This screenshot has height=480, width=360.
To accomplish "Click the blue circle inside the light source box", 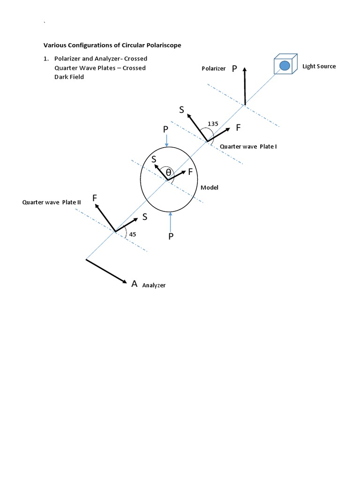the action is coord(285,66).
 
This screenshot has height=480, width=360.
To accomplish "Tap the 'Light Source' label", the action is coord(319,66).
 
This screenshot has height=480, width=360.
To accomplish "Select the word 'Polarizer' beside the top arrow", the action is coord(213,68).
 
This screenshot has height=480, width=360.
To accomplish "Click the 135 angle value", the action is coord(213,123).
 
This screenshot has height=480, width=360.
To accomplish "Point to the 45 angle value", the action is coord(133,234).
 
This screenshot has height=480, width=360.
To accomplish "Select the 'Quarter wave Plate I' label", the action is coord(248,147).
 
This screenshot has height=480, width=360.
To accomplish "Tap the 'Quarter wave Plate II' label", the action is coord(52,202).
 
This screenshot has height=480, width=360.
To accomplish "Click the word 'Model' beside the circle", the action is coord(210,187).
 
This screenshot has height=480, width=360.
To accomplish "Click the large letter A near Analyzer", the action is coord(135,284).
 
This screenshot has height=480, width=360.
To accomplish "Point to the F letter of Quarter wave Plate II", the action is coord(95,198).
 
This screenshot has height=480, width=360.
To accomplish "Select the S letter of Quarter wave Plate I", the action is coord(181,110).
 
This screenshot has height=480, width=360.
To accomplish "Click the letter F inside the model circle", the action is coord(190,172).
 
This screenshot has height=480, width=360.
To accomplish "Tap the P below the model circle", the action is coord(171,237).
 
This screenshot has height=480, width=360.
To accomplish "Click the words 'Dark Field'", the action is coord(69,77).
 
